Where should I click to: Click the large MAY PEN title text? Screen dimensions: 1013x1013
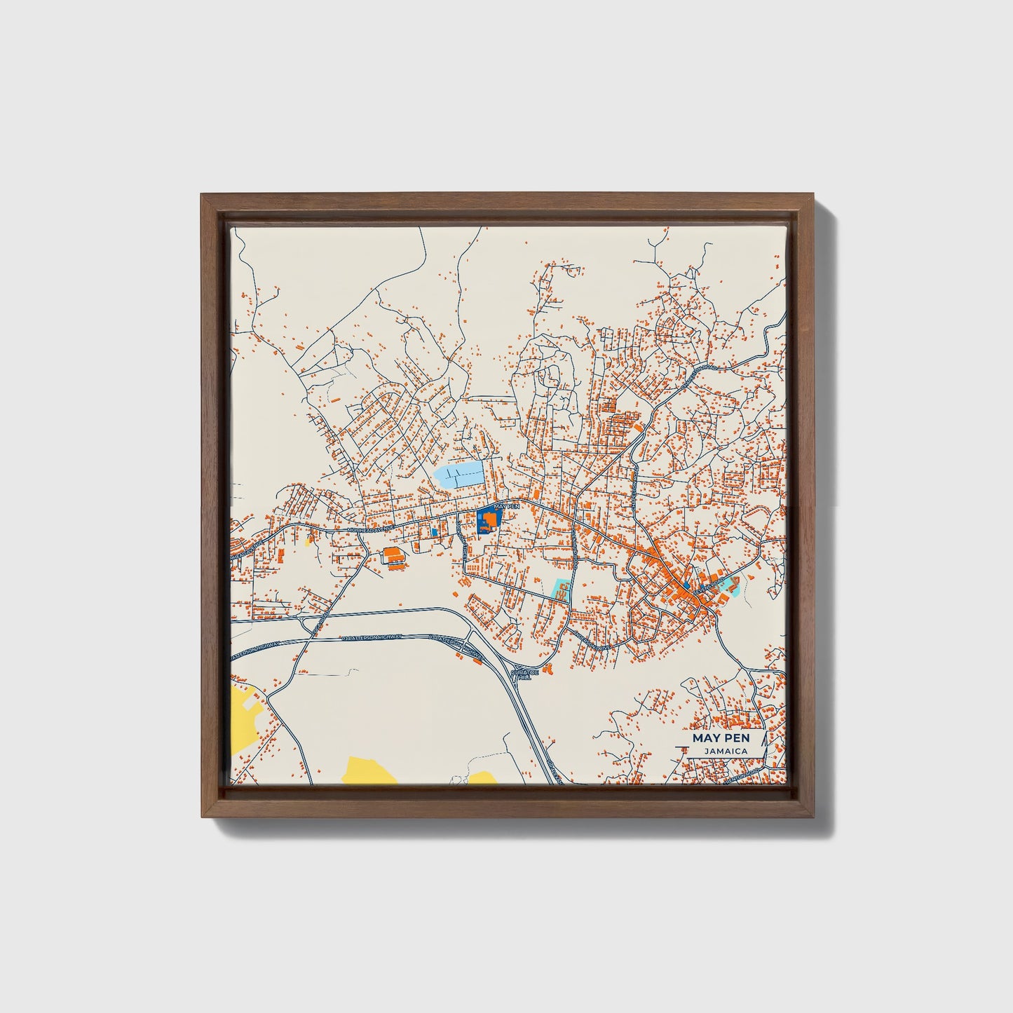(x=720, y=738)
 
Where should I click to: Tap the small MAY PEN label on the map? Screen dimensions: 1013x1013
(x=507, y=505)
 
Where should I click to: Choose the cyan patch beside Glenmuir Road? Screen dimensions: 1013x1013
(x=561, y=590)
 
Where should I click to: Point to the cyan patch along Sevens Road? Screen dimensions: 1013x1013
(x=732, y=585)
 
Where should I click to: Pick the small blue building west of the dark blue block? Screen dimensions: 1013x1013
(x=435, y=532)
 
